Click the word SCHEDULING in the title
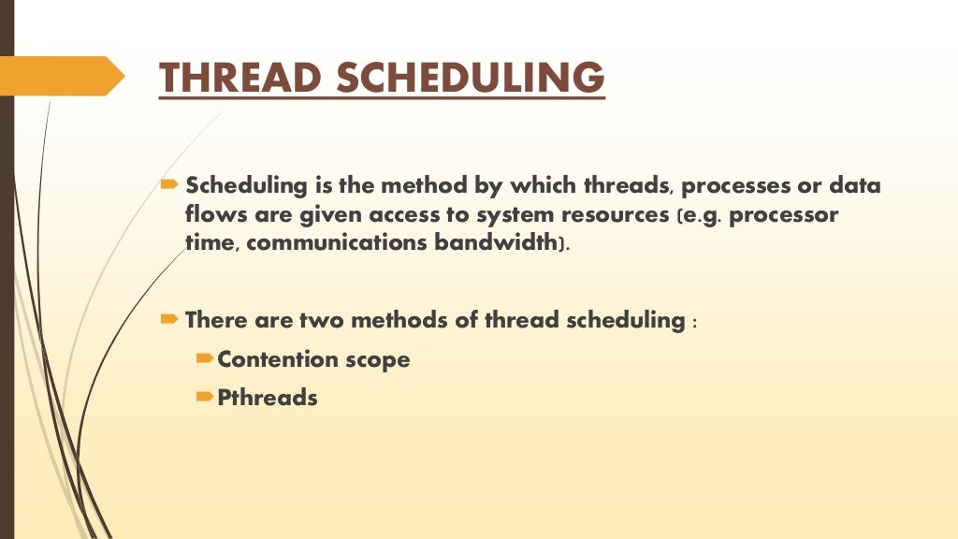pos(470,78)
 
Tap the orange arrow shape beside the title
pos(61,76)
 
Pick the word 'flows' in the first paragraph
pos(210,215)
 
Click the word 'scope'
pos(376,360)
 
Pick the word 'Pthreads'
pos(268,398)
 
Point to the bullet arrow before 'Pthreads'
pos(205,397)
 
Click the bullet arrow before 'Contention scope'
pos(205,358)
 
